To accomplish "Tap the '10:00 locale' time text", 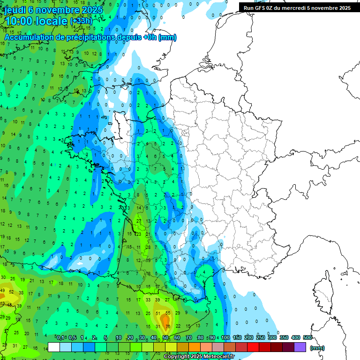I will point(36,21).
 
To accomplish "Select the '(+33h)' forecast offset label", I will point(81,21).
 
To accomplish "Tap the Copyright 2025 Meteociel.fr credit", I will point(199,357).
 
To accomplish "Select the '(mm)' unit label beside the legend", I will point(317,348).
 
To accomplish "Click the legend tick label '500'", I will point(307,337).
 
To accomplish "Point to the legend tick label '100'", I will point(225,337).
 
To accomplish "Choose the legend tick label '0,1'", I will point(60,337).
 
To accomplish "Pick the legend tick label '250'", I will point(261,337).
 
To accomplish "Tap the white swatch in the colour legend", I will point(54,347).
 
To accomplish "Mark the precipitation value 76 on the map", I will point(167,326).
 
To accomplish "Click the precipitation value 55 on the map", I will point(167,313).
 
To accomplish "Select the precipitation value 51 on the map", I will point(158,313).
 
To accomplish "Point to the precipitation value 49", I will point(2,291).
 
